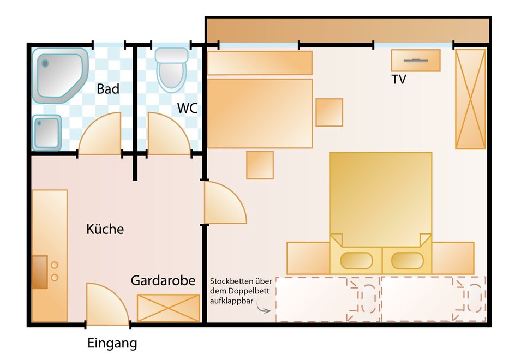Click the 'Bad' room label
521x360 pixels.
pyautogui.click(x=108, y=89)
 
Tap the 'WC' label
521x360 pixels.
pyautogui.click(x=188, y=108)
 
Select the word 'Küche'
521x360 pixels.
pyautogui.click(x=105, y=229)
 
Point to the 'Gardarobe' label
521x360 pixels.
pyautogui.click(x=163, y=280)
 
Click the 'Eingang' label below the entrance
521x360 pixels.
pyautogui.click(x=112, y=344)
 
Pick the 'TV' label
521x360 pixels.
pyautogui.click(x=399, y=80)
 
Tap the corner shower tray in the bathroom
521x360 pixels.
pyautogui.click(x=60, y=76)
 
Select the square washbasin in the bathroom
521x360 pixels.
pyautogui.click(x=47, y=133)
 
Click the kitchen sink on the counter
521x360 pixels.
pyautogui.click(x=39, y=272)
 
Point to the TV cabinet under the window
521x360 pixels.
pyautogui.click(x=416, y=61)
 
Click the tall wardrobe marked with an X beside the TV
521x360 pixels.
pyautogui.click(x=470, y=99)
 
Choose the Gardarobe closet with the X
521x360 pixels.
pyautogui.click(x=168, y=308)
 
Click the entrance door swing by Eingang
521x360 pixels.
pyautogui.click(x=107, y=304)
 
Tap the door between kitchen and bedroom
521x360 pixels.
pyautogui.click(x=225, y=202)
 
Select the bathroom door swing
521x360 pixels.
pyautogui.click(x=100, y=134)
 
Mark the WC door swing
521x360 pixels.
pyautogui.click(x=169, y=134)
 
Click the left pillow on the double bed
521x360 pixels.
pyautogui.click(x=356, y=261)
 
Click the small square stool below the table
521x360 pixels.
pyautogui.click(x=260, y=165)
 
